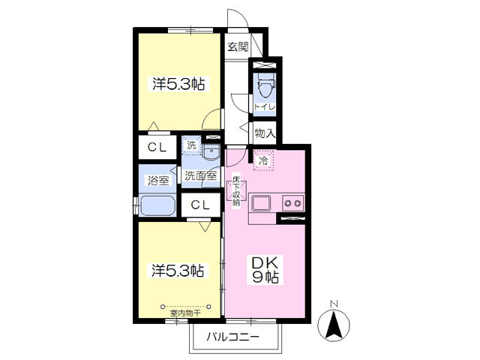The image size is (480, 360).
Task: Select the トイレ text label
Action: pyautogui.click(x=265, y=107)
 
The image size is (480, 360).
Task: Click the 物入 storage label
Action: pyautogui.click(x=264, y=134)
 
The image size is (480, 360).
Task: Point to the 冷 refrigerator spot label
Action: pyautogui.click(x=263, y=160)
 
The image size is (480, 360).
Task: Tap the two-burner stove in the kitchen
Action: pyautogui.click(x=291, y=202)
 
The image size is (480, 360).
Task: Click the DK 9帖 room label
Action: pyautogui.click(x=265, y=270)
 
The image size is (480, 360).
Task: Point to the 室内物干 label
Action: pyautogui.click(x=190, y=313)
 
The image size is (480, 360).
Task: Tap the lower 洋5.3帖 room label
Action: pyautogui.click(x=178, y=269)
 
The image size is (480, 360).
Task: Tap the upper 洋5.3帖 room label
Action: pyautogui.click(x=178, y=85)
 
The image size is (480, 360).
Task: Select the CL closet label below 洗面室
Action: pyautogui.click(x=199, y=205)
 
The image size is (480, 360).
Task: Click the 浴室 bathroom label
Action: pyautogui.click(x=157, y=180)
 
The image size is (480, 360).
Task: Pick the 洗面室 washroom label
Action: pyautogui.click(x=201, y=177)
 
